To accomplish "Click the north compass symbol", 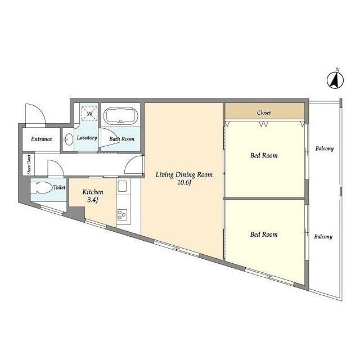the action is click(x=335, y=79).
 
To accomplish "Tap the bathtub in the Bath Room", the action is click(x=121, y=116).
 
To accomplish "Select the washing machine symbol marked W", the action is click(x=89, y=114).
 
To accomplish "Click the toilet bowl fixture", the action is click(x=42, y=188).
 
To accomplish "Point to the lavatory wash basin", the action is click(x=68, y=139).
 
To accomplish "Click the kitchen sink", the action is click(x=122, y=186).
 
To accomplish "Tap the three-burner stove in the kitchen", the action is click(x=122, y=215).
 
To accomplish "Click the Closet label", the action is click(x=264, y=112).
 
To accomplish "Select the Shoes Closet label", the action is click(x=29, y=164).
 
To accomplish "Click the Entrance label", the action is click(x=41, y=139).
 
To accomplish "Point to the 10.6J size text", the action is click(x=184, y=183).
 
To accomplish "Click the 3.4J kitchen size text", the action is click(x=93, y=200).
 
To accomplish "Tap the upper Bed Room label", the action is click(x=264, y=155).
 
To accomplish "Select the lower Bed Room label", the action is click(x=264, y=235).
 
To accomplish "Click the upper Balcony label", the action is click(x=325, y=148).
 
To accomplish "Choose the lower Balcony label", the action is click(x=323, y=236).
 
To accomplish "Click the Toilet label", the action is click(x=60, y=187).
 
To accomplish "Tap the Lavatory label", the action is click(x=87, y=137).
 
